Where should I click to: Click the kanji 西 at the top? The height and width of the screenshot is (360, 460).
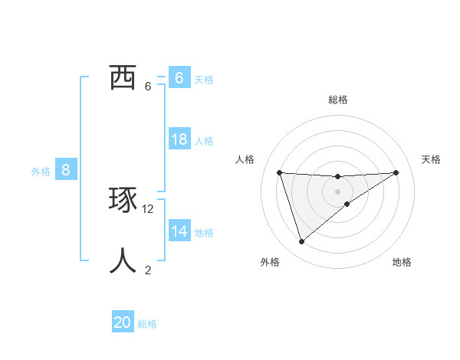coord(123,77)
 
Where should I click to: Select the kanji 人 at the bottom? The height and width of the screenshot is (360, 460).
coord(123,261)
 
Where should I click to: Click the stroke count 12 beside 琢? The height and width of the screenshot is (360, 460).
coord(148,208)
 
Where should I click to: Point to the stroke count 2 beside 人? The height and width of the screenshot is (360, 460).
coord(148,270)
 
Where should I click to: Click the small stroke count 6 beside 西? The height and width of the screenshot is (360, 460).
coord(148,86)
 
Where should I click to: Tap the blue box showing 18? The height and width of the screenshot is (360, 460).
coord(179,139)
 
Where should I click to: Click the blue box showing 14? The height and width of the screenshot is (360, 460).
coord(179,231)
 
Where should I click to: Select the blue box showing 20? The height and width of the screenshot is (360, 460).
coord(123,322)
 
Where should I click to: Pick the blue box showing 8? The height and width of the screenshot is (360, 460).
coord(66,169)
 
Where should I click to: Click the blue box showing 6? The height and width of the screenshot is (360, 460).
coord(179,77)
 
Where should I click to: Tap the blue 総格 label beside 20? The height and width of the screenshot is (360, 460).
coord(147,324)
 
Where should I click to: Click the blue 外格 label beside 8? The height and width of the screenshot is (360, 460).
coord(41,172)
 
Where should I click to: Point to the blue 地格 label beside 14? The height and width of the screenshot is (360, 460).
coord(204,233)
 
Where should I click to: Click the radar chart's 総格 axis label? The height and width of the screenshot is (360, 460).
coord(337,100)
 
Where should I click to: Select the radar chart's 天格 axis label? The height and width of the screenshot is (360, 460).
coord(432,159)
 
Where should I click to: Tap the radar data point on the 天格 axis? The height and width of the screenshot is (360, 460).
coord(396,172)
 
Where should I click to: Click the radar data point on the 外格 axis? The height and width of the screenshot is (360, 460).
coord(301,242)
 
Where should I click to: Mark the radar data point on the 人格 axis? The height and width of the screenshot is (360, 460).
coord(279,172)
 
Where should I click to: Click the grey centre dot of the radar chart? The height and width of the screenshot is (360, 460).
coord(337,191)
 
